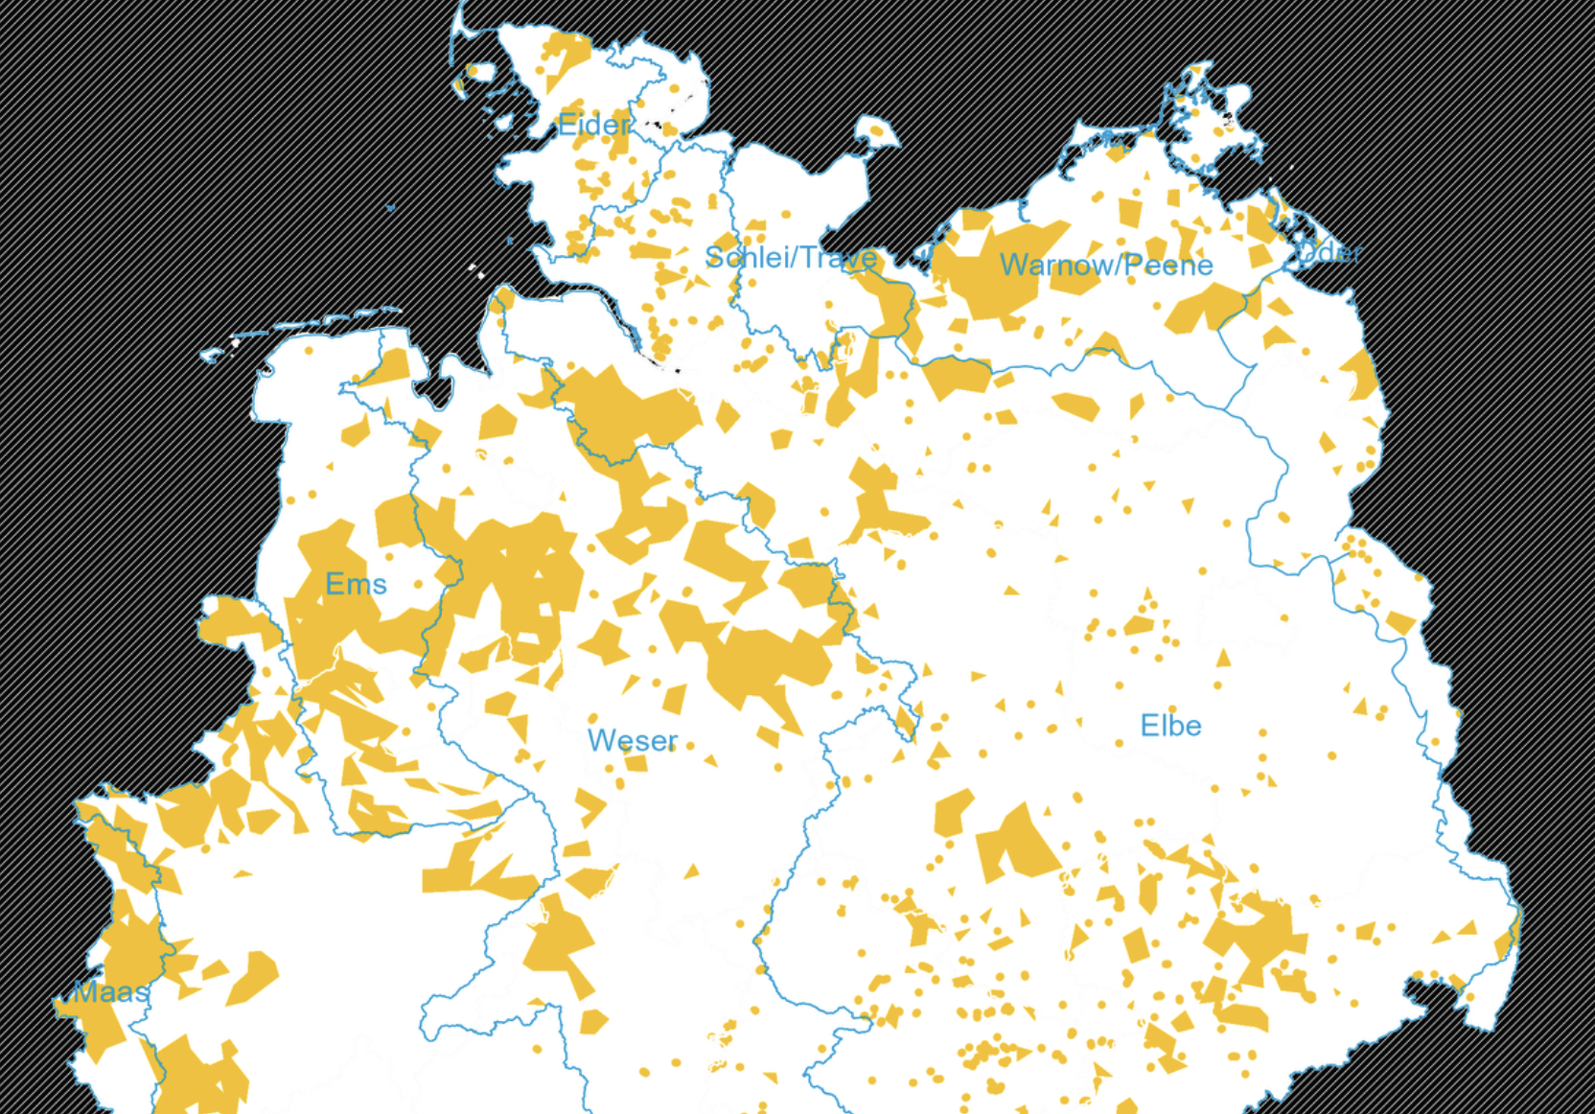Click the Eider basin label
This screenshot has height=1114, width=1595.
(x=593, y=125)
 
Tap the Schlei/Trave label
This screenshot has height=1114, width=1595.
(x=790, y=258)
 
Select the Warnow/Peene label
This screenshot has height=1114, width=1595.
(x=1106, y=265)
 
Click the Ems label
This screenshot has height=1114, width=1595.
(x=356, y=584)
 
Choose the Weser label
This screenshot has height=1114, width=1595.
(x=633, y=740)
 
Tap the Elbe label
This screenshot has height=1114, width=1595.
(x=1170, y=726)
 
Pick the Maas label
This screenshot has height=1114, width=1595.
(x=111, y=991)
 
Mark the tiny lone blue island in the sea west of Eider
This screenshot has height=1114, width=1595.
(x=390, y=207)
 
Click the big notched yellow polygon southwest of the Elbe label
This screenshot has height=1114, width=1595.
(x=1016, y=844)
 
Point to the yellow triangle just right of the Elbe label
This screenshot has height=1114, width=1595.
(x=1223, y=658)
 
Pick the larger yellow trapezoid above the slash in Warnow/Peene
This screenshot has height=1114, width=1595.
(x=1130, y=211)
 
